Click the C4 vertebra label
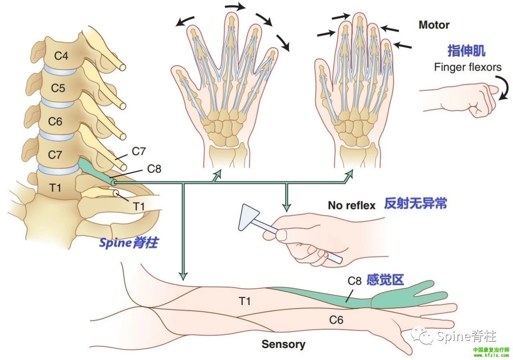click(x=61, y=56)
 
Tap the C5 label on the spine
click(x=58, y=88)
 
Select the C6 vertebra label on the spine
click(x=55, y=121)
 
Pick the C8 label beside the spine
click(x=154, y=169)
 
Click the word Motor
click(x=434, y=25)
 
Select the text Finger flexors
click(x=467, y=67)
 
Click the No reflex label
click(x=351, y=205)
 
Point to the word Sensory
click(x=283, y=344)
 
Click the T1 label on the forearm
click(x=244, y=301)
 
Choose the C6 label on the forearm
click(x=336, y=320)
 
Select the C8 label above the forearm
click(x=354, y=281)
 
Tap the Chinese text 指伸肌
click(x=466, y=51)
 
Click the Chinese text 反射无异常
click(x=415, y=204)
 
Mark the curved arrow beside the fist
click(x=504, y=88)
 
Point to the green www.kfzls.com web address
click(x=491, y=355)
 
